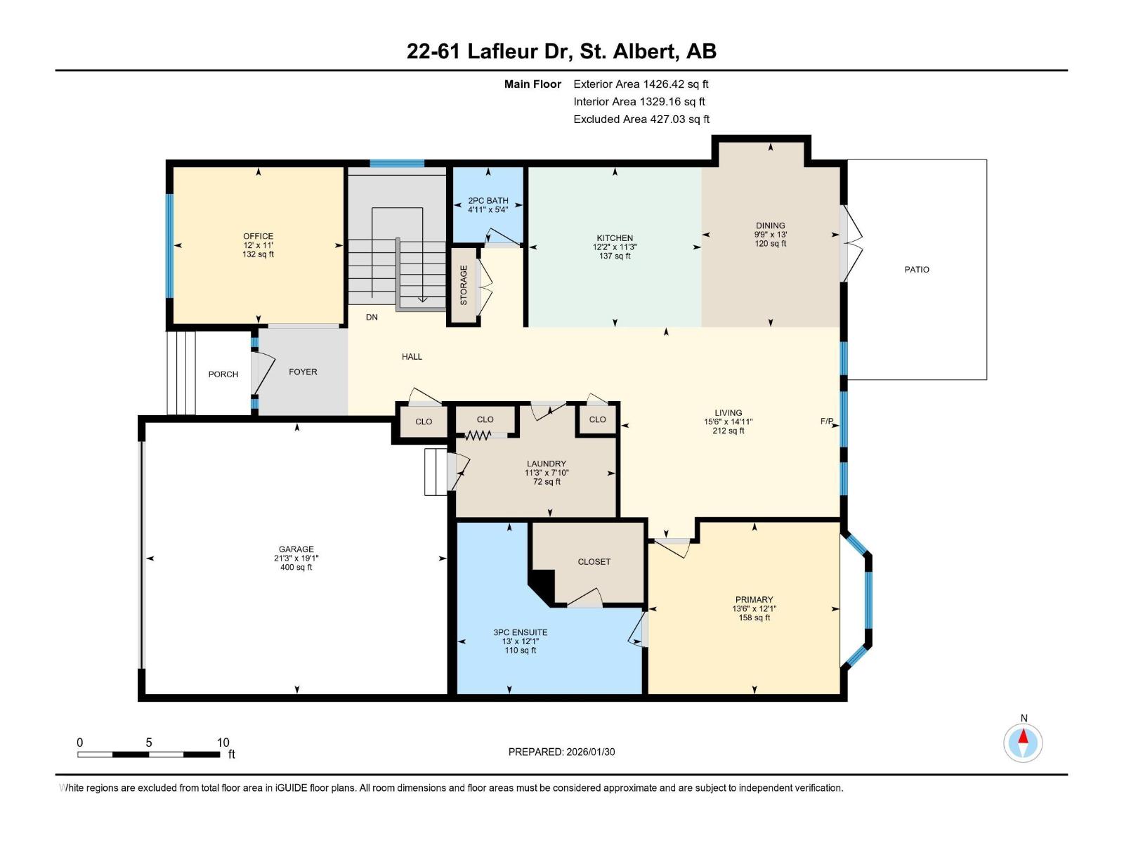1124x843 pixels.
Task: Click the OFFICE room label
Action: [258, 236]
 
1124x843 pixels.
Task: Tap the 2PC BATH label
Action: [488, 200]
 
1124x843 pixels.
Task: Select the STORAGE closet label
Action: [464, 285]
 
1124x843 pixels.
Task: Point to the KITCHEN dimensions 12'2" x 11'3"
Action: [615, 247]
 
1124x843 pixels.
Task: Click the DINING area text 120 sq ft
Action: [771, 244]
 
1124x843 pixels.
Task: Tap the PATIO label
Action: [917, 270]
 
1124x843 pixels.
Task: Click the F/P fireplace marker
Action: [827, 421]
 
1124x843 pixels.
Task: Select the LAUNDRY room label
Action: [547, 464]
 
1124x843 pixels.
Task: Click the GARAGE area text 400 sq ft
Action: [296, 568]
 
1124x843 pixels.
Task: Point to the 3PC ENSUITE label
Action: [521, 632]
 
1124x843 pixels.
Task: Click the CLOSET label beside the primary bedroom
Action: [594, 562]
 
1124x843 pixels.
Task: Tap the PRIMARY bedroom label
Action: [754, 600]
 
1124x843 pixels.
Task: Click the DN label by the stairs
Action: [372, 318]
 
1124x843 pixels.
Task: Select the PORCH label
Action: [223, 374]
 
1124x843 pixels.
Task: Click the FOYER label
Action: [303, 372]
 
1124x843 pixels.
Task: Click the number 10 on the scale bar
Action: [223, 743]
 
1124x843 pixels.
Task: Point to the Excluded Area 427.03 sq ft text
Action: [641, 119]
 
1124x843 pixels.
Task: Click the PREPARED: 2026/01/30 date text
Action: [561, 752]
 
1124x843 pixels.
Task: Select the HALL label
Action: [412, 357]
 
